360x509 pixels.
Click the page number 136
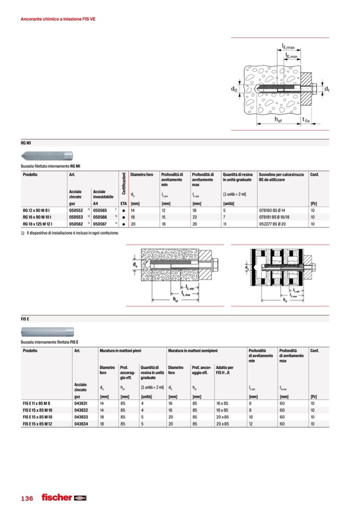[27, 498]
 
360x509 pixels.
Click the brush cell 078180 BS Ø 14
[274, 210]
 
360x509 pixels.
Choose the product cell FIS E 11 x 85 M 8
[39, 403]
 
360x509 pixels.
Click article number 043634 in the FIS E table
[81, 424]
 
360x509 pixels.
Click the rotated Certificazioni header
[124, 186]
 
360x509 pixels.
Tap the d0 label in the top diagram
[234, 90]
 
